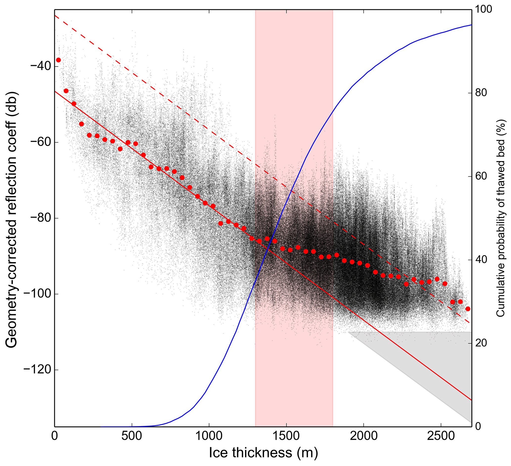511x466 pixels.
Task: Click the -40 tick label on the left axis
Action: click(x=39, y=67)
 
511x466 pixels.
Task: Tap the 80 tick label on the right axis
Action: click(x=481, y=93)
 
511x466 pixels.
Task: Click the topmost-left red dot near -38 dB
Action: click(x=59, y=60)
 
